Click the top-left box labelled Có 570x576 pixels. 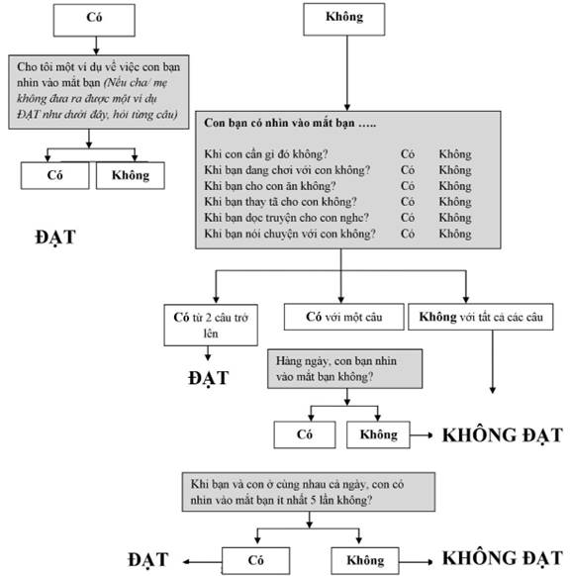click(x=94, y=20)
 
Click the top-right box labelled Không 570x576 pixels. click(x=344, y=19)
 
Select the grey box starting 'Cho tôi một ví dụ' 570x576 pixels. click(x=99, y=92)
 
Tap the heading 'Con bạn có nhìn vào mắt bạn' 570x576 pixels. click(x=290, y=123)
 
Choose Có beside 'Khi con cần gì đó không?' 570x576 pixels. click(x=408, y=154)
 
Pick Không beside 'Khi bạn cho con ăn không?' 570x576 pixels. click(x=455, y=186)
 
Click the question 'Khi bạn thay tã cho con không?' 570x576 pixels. click(x=280, y=202)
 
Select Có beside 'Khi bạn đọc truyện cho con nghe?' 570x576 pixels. click(x=408, y=218)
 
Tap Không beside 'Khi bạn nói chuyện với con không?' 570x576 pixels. click(x=455, y=234)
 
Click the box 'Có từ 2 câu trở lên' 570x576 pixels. click(x=211, y=325)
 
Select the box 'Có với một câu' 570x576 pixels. click(x=343, y=317)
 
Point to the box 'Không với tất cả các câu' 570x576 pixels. click(x=480, y=317)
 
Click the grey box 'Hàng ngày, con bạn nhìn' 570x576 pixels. click(x=344, y=368)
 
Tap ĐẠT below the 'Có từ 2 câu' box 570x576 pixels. click(x=208, y=378)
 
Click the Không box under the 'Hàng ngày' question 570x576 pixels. click(x=378, y=434)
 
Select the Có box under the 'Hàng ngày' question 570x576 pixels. click(x=305, y=434)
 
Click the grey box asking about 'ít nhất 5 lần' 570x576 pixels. click(x=309, y=492)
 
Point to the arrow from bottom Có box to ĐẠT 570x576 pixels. click(x=202, y=561)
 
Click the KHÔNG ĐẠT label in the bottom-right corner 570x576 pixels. click(x=502, y=558)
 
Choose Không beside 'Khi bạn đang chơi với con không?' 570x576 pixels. click(x=455, y=170)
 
